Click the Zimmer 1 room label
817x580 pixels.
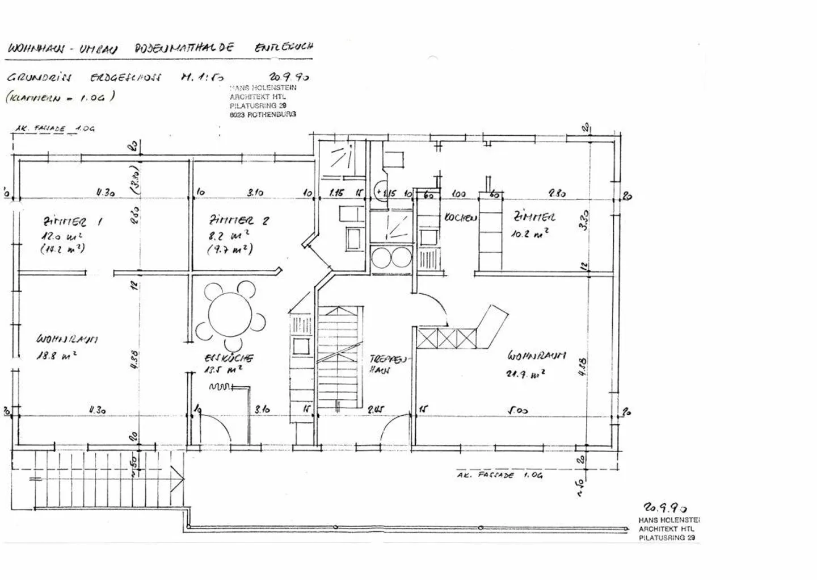coord(73,222)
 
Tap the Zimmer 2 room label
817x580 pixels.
coord(239,220)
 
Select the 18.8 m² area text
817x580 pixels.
coord(57,356)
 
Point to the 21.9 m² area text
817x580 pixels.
coord(526,374)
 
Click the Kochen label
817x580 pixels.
coord(460,218)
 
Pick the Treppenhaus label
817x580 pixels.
coord(388,364)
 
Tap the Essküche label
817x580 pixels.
coord(229,358)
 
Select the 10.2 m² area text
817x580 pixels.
coord(530,232)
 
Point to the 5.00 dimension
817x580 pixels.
coord(517,410)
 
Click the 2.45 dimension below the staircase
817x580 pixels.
coord(376,410)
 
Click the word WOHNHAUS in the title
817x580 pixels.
coord(34,49)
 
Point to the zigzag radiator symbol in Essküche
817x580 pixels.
coord(220,387)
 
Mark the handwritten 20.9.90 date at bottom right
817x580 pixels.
coord(664,507)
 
